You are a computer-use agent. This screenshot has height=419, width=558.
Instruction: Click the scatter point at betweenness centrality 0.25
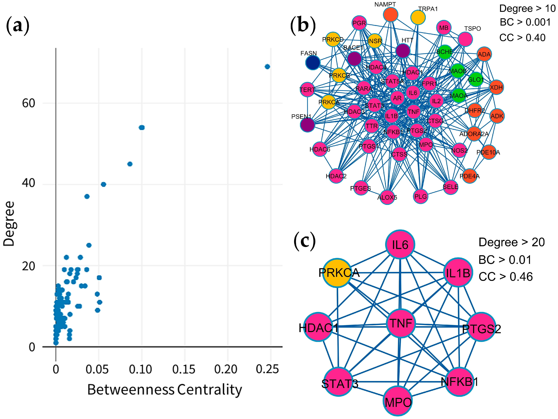pyautogui.click(x=267, y=67)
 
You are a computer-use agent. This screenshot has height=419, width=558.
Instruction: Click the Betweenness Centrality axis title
pyautogui.click(x=165, y=390)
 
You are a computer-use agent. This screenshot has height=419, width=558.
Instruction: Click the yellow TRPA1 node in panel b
pyautogui.click(x=418, y=17)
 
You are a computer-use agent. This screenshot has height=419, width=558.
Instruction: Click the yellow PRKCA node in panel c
pyautogui.click(x=338, y=273)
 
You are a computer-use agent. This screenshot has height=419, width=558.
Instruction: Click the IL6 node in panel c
pyautogui.click(x=400, y=244)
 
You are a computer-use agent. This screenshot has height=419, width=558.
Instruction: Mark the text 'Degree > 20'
pyautogui.click(x=512, y=242)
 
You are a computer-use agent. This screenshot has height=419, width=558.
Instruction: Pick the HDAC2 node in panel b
pyautogui.click(x=336, y=176)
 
